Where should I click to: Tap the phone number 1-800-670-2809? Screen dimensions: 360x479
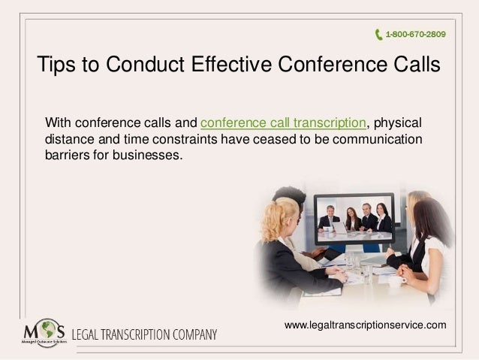[414, 34]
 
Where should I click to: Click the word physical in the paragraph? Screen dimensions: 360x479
[398, 123]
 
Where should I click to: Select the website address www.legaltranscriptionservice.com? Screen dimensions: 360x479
[366, 325]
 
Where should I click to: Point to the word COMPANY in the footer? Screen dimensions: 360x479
[195, 333]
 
